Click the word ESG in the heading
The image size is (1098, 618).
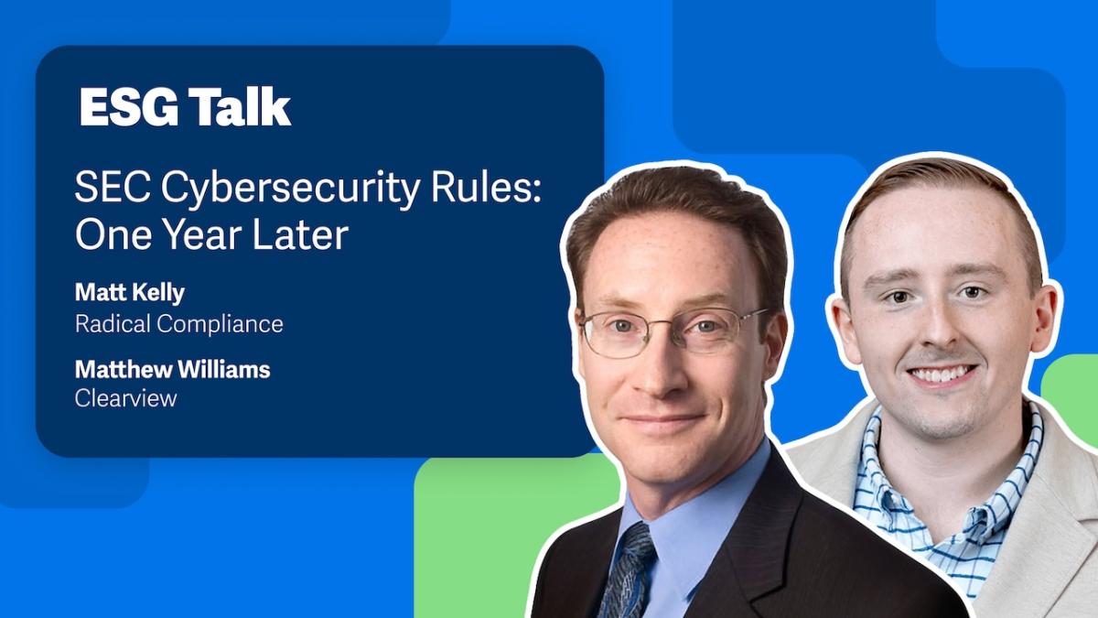click(128, 107)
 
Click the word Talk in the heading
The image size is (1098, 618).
click(240, 107)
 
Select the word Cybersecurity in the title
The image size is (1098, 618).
click(290, 190)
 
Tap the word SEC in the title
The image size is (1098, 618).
click(113, 187)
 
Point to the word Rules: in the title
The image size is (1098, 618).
click(486, 187)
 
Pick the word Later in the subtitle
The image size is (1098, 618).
click(300, 234)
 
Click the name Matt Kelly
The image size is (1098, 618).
click(129, 293)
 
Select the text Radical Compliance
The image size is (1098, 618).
click(179, 324)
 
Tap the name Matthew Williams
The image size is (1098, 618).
click(173, 369)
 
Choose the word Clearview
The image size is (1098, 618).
click(126, 398)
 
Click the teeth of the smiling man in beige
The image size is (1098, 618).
click(941, 374)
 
